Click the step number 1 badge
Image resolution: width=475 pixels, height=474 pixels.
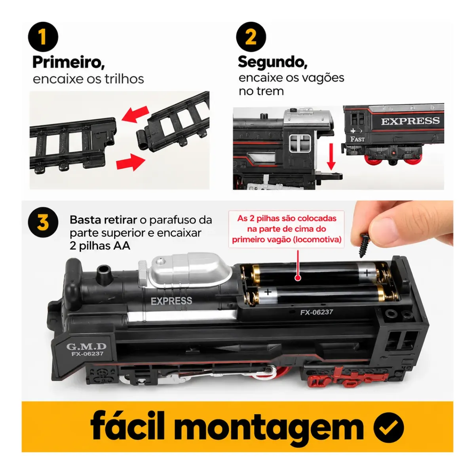point(43,37)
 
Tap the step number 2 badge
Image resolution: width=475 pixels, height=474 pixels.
point(251,37)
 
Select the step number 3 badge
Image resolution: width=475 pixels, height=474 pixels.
point(43,222)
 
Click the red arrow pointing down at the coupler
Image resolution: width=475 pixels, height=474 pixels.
point(332,157)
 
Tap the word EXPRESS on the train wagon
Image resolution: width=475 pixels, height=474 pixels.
point(410,121)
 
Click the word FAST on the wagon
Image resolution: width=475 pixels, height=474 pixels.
point(357,139)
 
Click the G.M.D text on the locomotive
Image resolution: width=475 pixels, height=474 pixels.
point(87,346)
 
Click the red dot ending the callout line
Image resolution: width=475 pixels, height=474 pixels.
point(298,278)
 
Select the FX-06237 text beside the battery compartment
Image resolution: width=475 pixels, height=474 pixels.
point(317,312)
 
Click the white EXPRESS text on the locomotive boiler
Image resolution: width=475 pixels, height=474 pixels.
point(171,301)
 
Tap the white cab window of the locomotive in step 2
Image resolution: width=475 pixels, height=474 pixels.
point(300,144)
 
